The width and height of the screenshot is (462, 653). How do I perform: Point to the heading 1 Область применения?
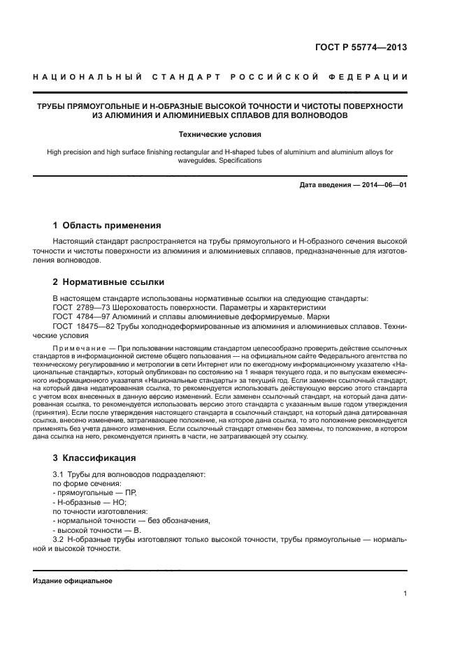click(107, 226)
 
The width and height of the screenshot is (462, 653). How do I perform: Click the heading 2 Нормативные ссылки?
click(108, 283)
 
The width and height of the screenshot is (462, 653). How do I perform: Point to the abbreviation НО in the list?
click(120, 502)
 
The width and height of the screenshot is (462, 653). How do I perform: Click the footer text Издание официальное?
click(73, 580)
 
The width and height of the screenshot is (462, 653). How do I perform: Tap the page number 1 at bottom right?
click(405, 594)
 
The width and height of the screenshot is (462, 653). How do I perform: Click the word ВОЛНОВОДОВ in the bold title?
click(310, 115)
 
